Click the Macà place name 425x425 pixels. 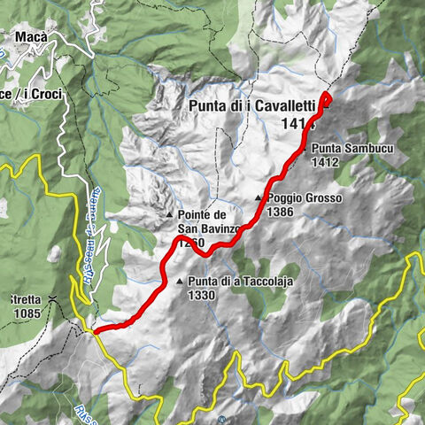[x=30, y=37]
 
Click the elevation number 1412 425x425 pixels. [x=326, y=162]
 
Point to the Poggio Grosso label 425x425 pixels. [x=303, y=198]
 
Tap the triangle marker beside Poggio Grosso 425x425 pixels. [x=259, y=198]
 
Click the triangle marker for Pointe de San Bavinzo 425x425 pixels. [x=168, y=215]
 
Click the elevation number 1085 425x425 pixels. [x=28, y=313]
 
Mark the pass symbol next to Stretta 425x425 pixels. [x=53, y=298]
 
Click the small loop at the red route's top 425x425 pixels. [x=326, y=99]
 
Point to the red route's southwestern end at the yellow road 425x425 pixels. [x=94, y=331]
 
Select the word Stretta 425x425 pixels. [x=24, y=299]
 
